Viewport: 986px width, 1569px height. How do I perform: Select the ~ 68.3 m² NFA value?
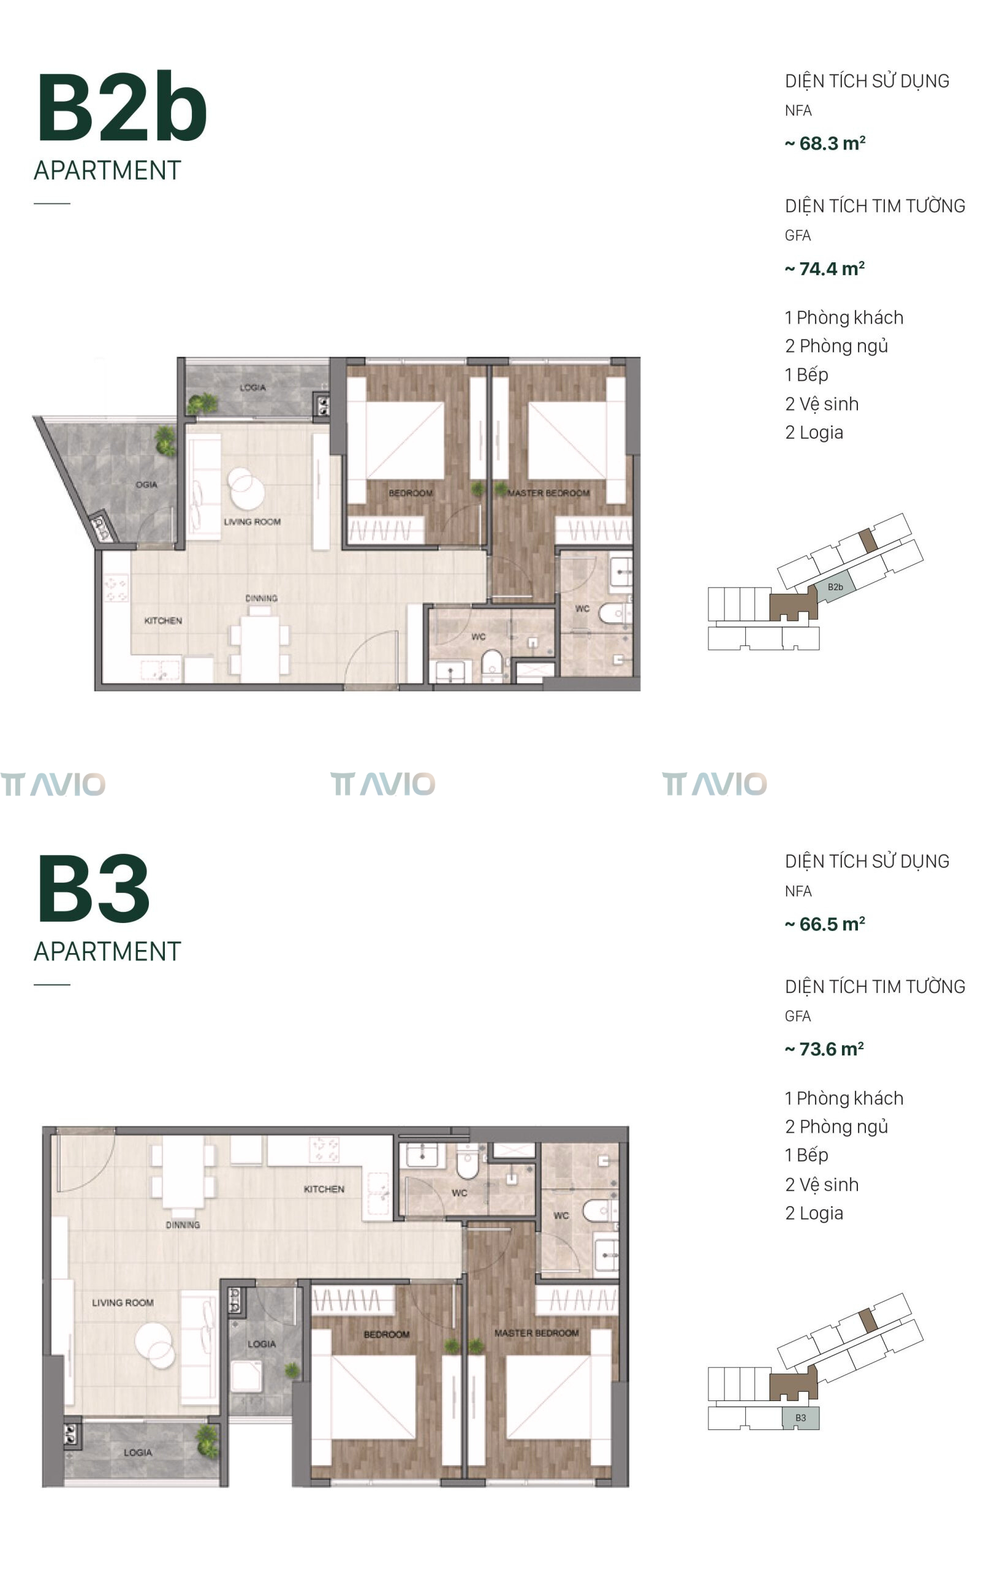[825, 143]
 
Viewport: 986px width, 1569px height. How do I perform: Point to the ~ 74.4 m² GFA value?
[825, 268]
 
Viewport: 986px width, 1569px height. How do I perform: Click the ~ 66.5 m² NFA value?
[825, 924]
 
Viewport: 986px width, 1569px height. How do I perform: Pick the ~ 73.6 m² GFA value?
[824, 1049]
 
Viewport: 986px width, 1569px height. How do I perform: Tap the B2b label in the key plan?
[835, 587]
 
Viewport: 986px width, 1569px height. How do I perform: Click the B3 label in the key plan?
[800, 1418]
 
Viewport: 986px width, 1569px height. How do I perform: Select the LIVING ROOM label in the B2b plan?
[252, 522]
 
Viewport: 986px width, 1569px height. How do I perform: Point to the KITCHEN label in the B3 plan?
[324, 1189]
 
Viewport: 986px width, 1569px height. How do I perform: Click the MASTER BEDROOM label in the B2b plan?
[548, 493]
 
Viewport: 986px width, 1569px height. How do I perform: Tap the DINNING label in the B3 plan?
[183, 1225]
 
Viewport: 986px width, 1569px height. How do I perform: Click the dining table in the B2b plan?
[259, 648]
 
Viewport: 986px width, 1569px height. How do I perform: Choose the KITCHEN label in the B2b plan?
[163, 621]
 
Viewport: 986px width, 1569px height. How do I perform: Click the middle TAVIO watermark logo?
[382, 784]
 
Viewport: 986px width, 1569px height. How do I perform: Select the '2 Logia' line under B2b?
[814, 433]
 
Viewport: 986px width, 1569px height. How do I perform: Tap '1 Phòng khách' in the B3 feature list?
[844, 1098]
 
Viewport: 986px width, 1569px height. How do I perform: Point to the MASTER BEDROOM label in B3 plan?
[536, 1333]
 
